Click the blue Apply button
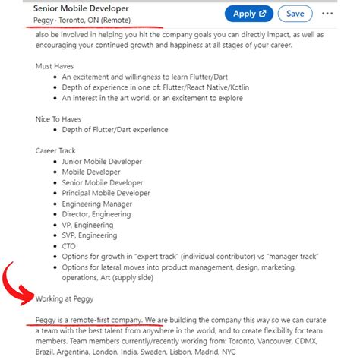pyautogui.click(x=248, y=13)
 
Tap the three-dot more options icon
pyautogui.click(x=327, y=13)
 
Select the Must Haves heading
pyautogui.click(x=55, y=66)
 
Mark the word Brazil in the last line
pyautogui.click(x=49, y=353)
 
